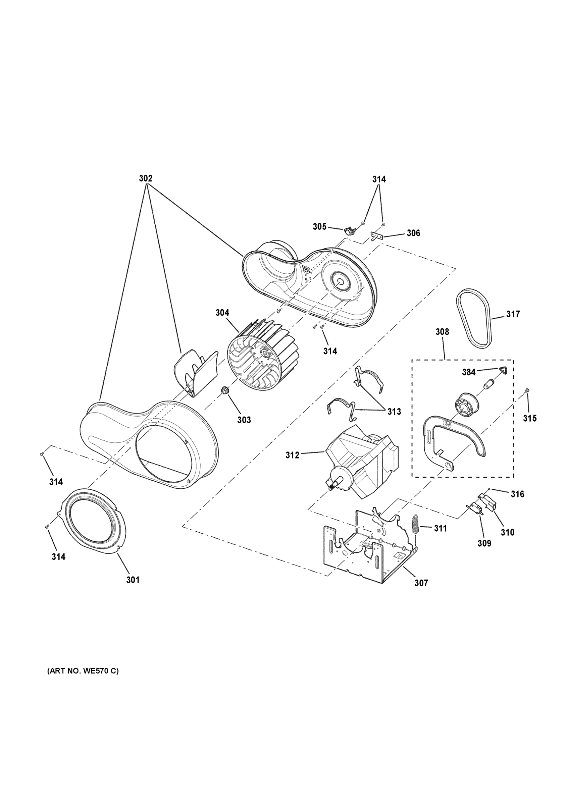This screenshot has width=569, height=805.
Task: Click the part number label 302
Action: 146,178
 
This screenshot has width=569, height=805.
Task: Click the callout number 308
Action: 442,332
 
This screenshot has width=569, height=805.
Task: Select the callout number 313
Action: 394,412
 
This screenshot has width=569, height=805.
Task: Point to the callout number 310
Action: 507,532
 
